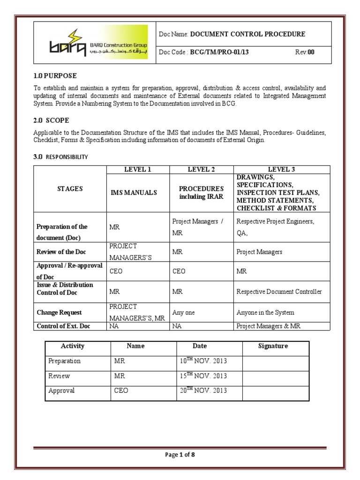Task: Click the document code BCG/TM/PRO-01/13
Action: pyautogui.click(x=218, y=52)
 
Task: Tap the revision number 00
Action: pyautogui.click(x=311, y=52)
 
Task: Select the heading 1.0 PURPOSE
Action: pyautogui.click(x=55, y=75)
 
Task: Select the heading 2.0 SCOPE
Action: pyautogui.click(x=51, y=120)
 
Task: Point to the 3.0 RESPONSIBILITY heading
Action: pyautogui.click(x=60, y=157)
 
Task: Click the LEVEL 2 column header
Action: pyautogui.click(x=201, y=169)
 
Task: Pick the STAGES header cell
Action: pyautogui.click(x=70, y=189)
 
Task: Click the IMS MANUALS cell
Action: pyautogui.click(x=133, y=193)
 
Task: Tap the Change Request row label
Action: pyautogui.click(x=59, y=312)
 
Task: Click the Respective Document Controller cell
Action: pyautogui.click(x=279, y=292)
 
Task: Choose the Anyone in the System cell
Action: pyautogui.click(x=265, y=313)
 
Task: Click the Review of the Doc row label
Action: pyautogui.click(x=61, y=252)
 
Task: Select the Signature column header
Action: pyautogui.click(x=273, y=346)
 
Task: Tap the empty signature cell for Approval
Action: pyautogui.click(x=276, y=391)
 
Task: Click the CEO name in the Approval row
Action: pyautogui.click(x=121, y=391)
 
